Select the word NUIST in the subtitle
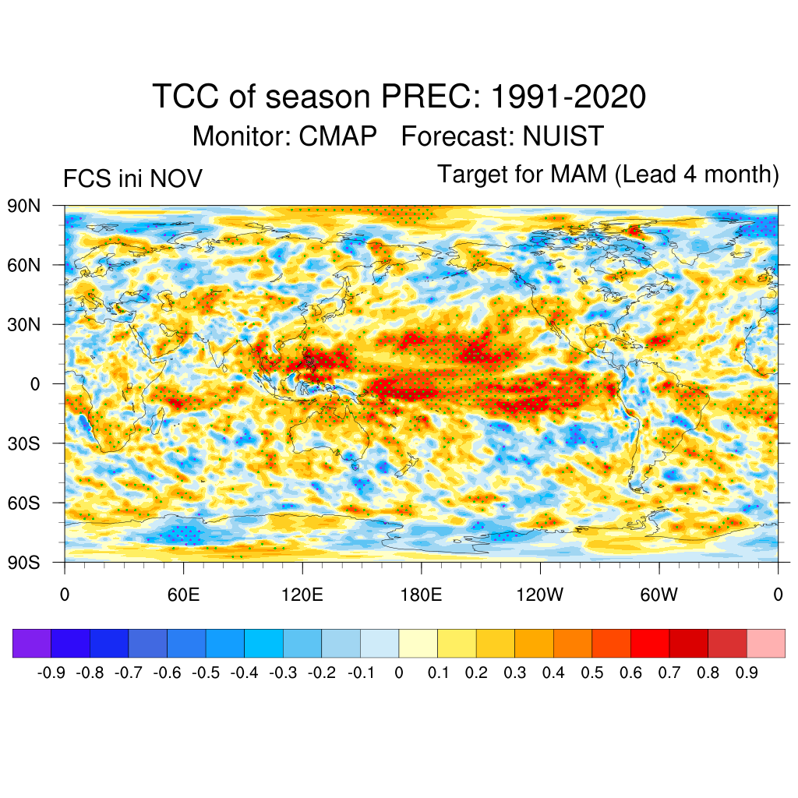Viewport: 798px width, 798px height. coord(563,136)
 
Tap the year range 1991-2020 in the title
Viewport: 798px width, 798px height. coord(569,97)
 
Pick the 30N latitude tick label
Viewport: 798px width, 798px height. coord(24,324)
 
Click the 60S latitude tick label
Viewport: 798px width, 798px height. coord(24,503)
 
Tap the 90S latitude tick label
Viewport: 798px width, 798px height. coord(24,562)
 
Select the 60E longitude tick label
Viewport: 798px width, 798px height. coord(183,595)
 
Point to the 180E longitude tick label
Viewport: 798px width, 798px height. coord(421,595)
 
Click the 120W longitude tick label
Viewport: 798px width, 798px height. coord(540,595)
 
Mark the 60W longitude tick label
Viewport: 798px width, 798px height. coord(659,595)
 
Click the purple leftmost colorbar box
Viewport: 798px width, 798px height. coord(32,643)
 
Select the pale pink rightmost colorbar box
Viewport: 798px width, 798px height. coord(765,643)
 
